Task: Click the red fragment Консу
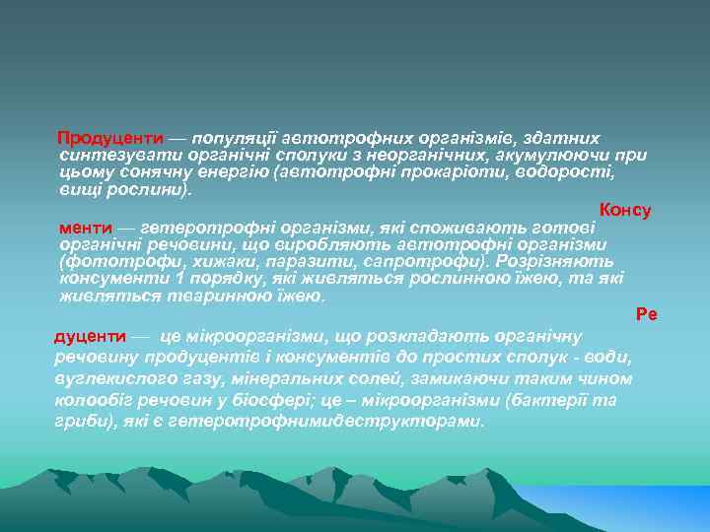point(625,211)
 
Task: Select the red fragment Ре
point(647,314)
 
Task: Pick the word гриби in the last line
point(79,421)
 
